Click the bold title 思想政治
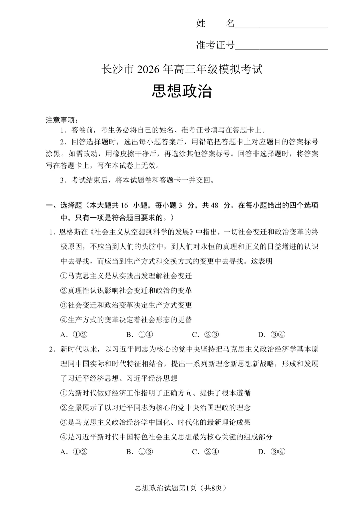pos(182,91)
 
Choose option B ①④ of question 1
pos(140,334)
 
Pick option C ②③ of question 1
pos(205,334)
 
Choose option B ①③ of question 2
pos(140,452)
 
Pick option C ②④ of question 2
pos(205,452)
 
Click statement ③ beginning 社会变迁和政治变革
pos(126,305)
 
